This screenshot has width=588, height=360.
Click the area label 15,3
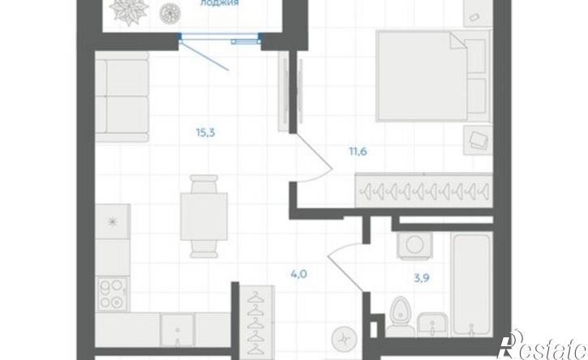coord(205,133)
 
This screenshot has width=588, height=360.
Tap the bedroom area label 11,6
coord(358,152)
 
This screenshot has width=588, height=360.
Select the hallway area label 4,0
coord(299,274)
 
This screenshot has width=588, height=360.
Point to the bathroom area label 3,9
coord(421,278)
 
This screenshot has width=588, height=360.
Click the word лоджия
coord(219,3)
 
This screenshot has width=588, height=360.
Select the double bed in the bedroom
coord(422,76)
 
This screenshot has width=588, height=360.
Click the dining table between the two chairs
coord(204,216)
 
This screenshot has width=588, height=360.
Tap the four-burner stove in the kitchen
coord(113,294)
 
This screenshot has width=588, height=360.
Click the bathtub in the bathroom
coord(472,285)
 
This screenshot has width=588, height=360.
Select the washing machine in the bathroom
coord(414,245)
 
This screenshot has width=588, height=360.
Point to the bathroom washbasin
coord(432,324)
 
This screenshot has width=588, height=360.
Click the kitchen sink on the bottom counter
coord(178,330)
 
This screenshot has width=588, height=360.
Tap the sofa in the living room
coord(122,96)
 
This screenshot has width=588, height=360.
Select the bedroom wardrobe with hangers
coord(423,190)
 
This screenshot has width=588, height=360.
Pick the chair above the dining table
coord(204,184)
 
